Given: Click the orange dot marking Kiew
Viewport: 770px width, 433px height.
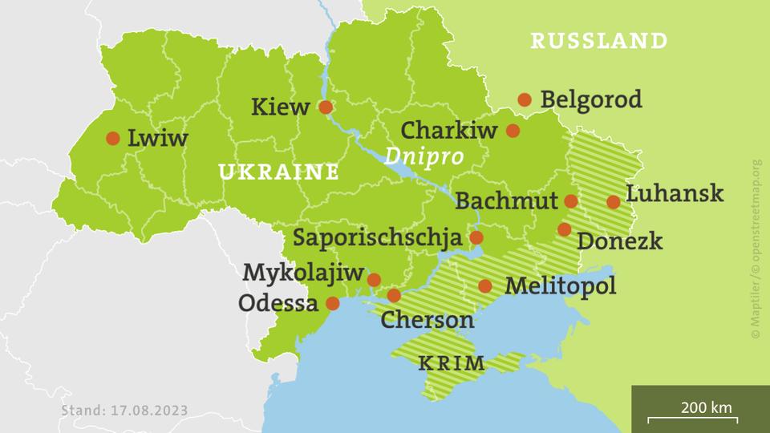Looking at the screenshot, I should (x=326, y=107).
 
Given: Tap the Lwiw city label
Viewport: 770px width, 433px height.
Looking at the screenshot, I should (x=157, y=139).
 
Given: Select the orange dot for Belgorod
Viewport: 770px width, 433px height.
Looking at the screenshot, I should (x=525, y=99).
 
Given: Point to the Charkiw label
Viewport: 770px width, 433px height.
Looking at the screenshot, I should (x=449, y=130).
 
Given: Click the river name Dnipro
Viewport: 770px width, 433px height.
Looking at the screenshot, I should (x=423, y=156).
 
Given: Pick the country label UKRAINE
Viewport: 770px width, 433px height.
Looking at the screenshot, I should (x=278, y=172).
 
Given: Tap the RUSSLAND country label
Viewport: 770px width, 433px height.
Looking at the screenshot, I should (x=598, y=41).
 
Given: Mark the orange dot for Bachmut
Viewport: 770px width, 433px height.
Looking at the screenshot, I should (x=571, y=200).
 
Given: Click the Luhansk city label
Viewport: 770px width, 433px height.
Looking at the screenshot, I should (x=674, y=194).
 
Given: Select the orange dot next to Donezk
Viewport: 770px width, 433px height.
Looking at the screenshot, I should (x=565, y=229).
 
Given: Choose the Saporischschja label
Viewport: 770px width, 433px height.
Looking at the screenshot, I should (x=377, y=238).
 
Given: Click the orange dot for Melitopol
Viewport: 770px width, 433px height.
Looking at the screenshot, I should (x=485, y=285).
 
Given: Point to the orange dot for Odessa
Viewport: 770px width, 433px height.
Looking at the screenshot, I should (x=334, y=304).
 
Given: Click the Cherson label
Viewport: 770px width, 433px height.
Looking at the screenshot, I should (x=427, y=320).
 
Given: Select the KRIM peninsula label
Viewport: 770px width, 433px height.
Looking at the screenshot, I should (x=452, y=363).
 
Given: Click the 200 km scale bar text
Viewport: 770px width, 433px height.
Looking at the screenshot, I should (x=706, y=407).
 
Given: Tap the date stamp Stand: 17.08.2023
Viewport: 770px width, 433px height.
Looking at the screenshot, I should (x=124, y=411).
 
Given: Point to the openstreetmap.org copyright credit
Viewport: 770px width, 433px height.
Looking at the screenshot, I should (x=756, y=249).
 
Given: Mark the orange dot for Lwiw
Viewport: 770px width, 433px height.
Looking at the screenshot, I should (x=112, y=138).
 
